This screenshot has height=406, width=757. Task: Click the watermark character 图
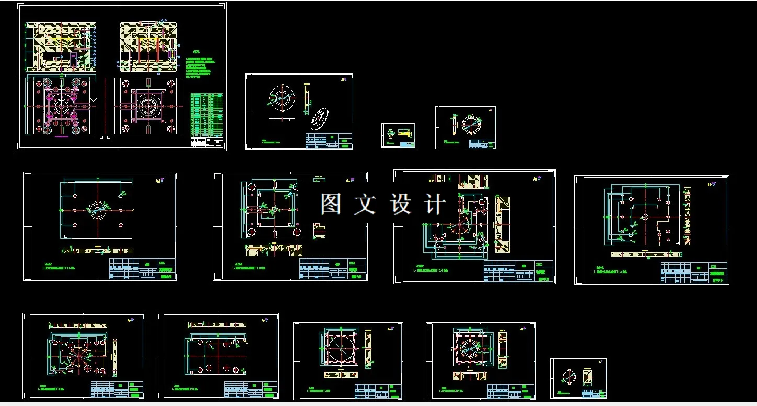pos(331,204)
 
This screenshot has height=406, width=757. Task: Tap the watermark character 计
pos(435,204)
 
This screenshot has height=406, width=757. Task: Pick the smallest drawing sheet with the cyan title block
pos(398,136)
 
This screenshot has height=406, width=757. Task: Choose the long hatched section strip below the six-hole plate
pos(97,250)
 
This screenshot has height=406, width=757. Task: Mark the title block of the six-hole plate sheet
pos(142,269)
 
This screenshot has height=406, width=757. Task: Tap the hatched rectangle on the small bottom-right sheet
pos(588,377)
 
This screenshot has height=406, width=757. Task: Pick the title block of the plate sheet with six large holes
pos(251,389)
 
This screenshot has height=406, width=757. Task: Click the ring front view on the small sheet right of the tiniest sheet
pos(469,125)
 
